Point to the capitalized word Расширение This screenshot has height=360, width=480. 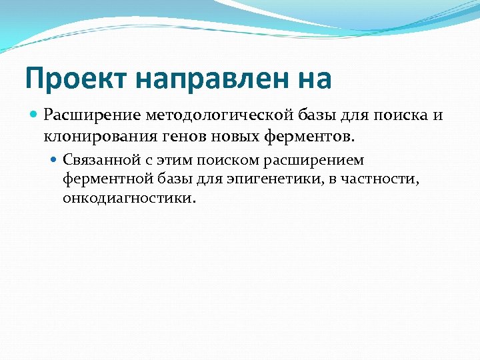(85, 115)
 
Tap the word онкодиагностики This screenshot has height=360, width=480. (127, 199)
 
